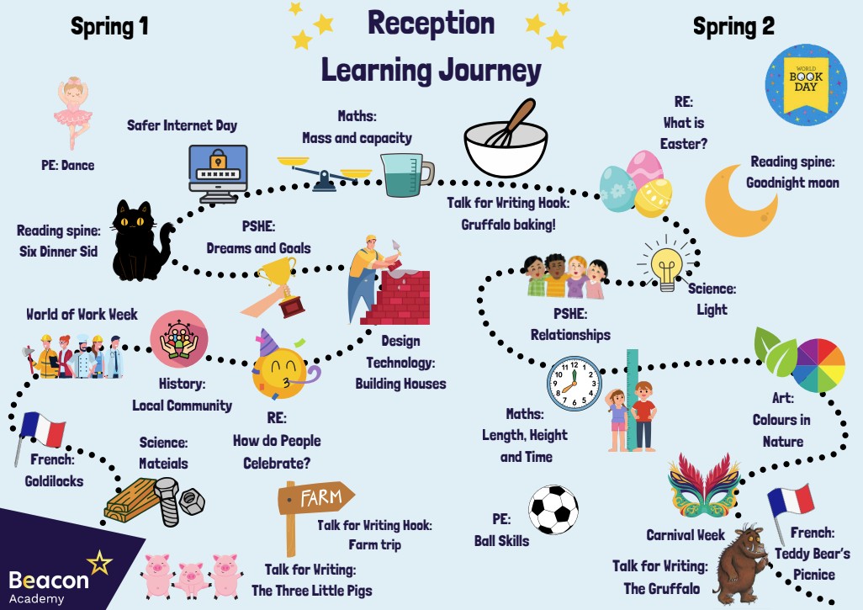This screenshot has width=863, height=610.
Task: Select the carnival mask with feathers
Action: (703, 489)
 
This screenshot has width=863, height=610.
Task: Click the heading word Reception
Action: (431, 24)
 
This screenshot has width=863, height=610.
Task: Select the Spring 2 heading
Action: (733, 27)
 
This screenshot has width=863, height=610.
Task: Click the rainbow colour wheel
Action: (818, 366)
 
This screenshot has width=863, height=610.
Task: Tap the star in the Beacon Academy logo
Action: (99, 562)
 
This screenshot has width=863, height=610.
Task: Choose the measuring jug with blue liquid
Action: (405, 174)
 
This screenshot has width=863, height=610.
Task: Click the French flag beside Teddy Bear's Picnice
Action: (791, 502)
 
